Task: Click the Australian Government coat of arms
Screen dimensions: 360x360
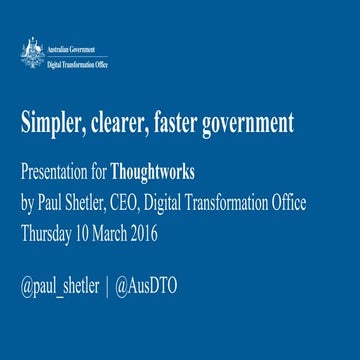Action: [32, 53]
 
